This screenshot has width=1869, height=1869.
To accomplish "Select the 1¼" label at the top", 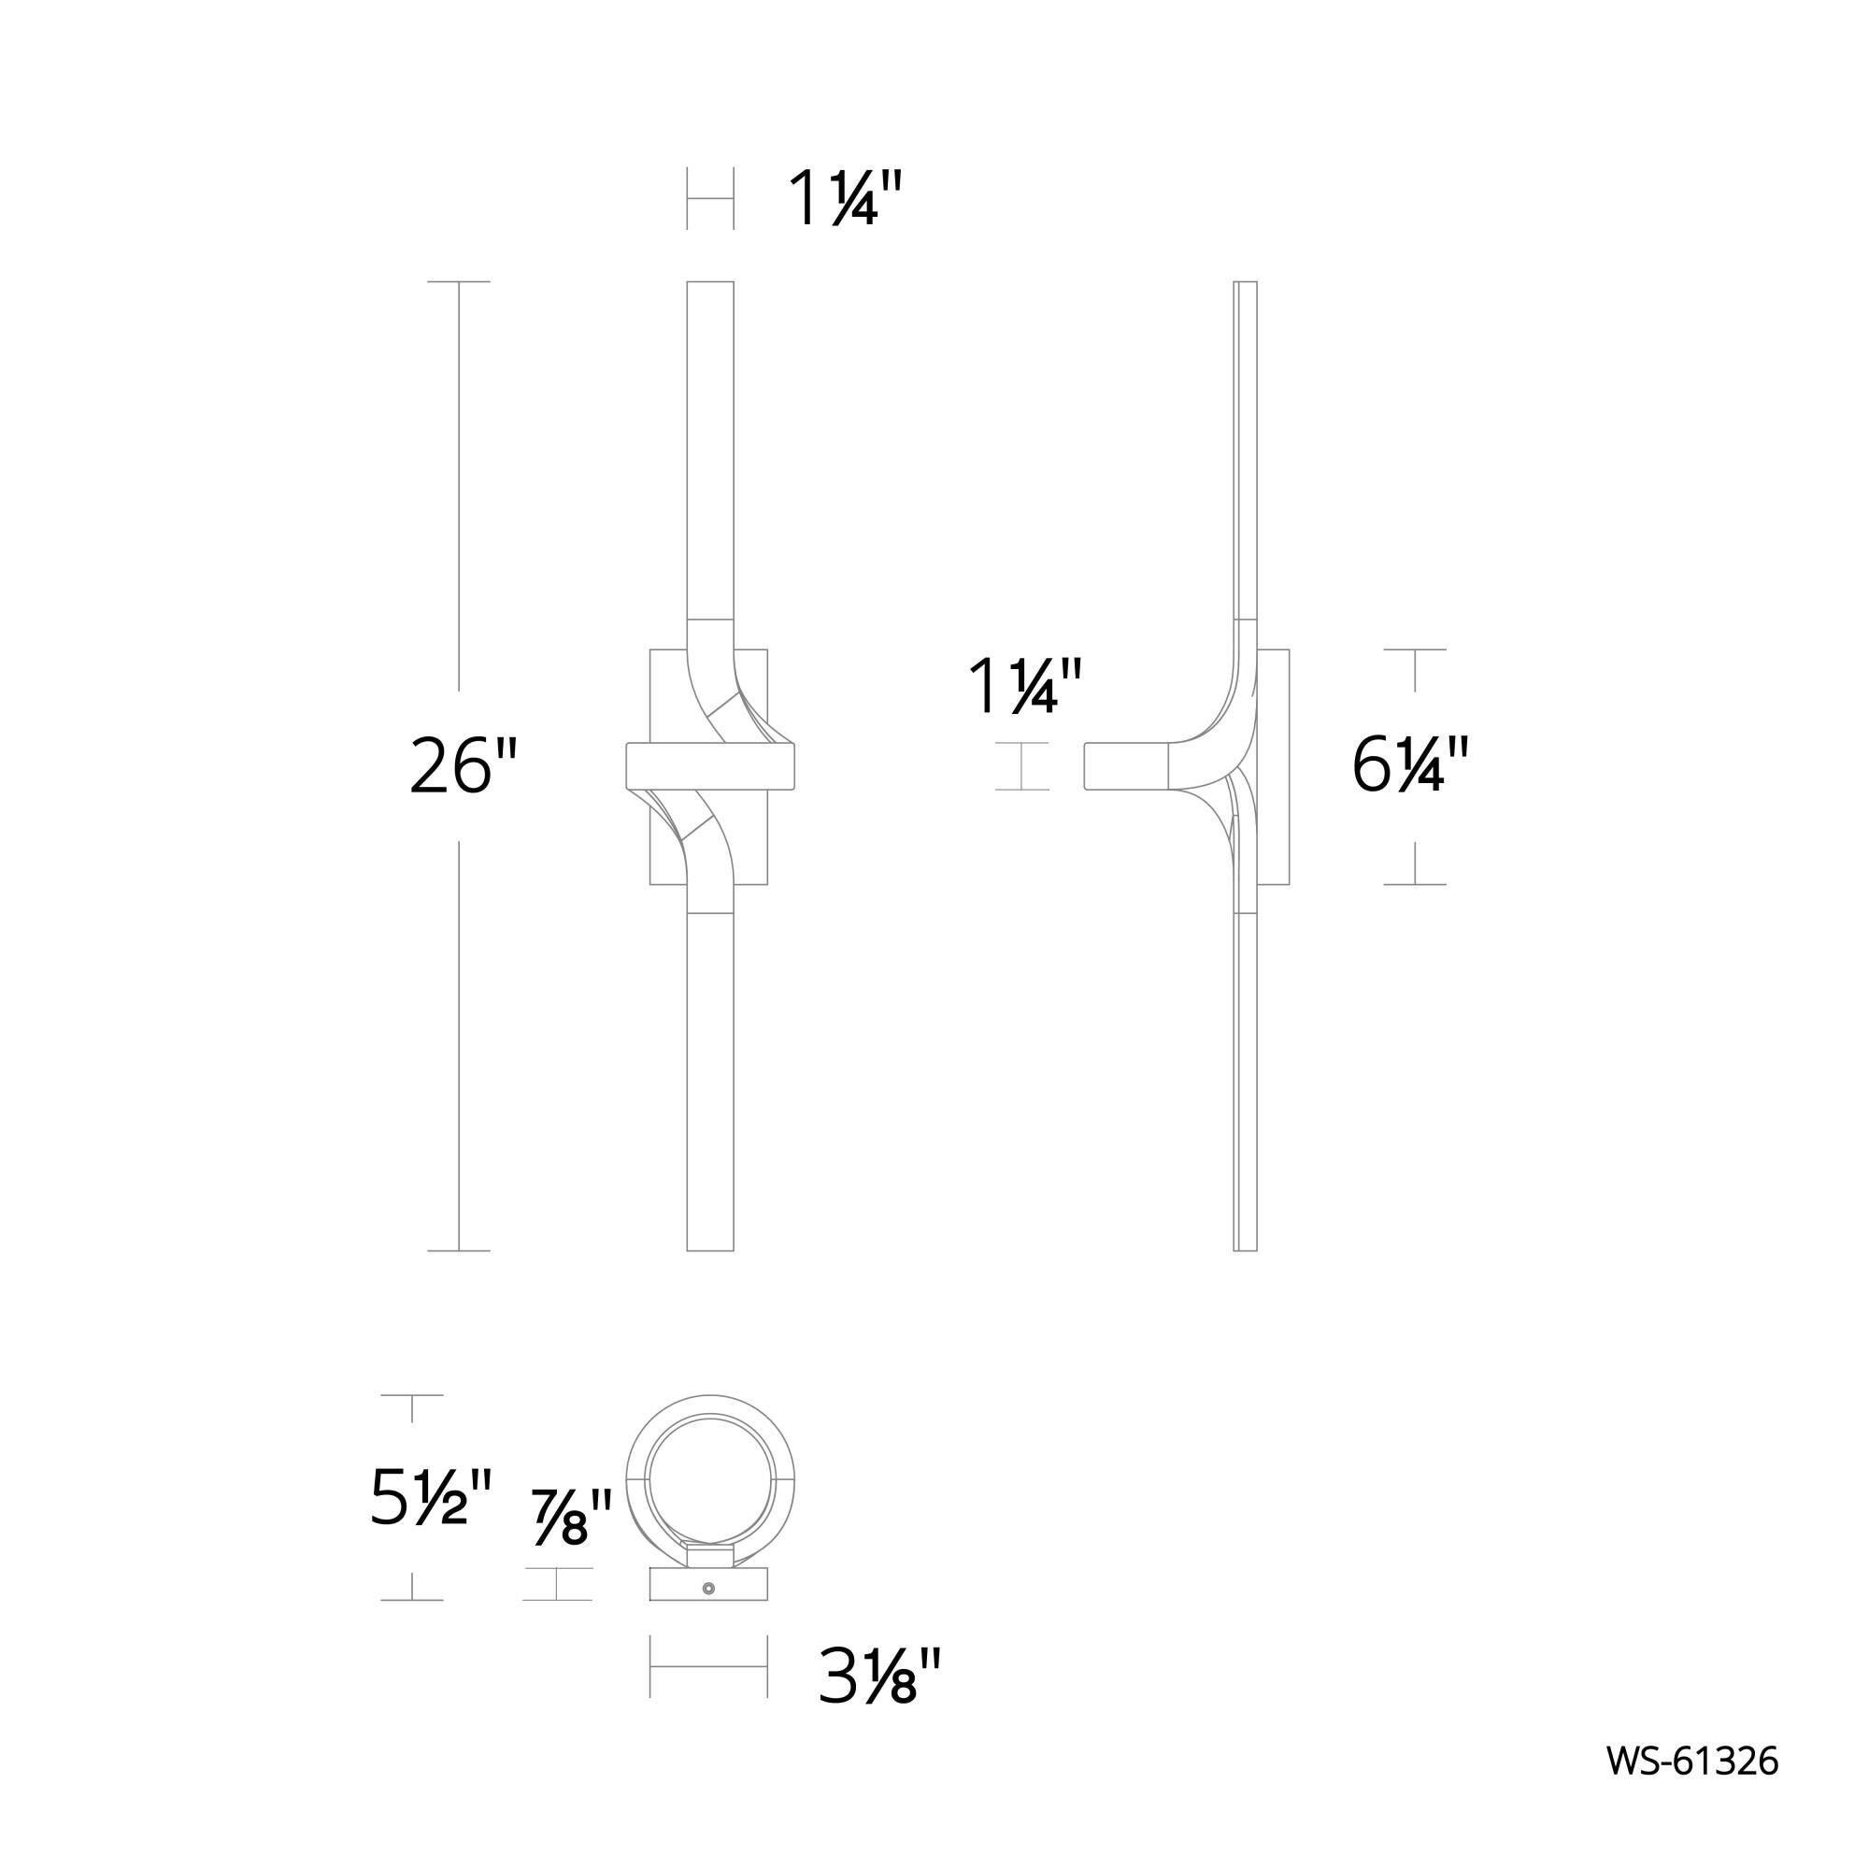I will [x=846, y=199].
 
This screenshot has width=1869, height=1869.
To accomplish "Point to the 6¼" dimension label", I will [x=1409, y=766].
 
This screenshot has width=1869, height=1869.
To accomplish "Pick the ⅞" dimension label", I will [x=572, y=1518].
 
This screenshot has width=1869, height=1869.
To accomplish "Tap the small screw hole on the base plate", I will [x=709, y=1589].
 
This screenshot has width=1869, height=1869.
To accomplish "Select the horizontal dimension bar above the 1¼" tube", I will [x=710, y=199].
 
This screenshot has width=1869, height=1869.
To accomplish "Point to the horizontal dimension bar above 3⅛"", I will [x=708, y=1667].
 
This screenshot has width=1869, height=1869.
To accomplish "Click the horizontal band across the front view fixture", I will [x=710, y=766].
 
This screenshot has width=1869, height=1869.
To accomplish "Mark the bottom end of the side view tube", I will [x=1245, y=1248].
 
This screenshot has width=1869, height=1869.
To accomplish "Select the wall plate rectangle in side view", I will [x=1275, y=766].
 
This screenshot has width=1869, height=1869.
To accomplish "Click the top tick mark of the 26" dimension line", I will [x=459, y=281].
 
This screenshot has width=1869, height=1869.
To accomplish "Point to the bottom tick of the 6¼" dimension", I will [x=1414, y=884].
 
